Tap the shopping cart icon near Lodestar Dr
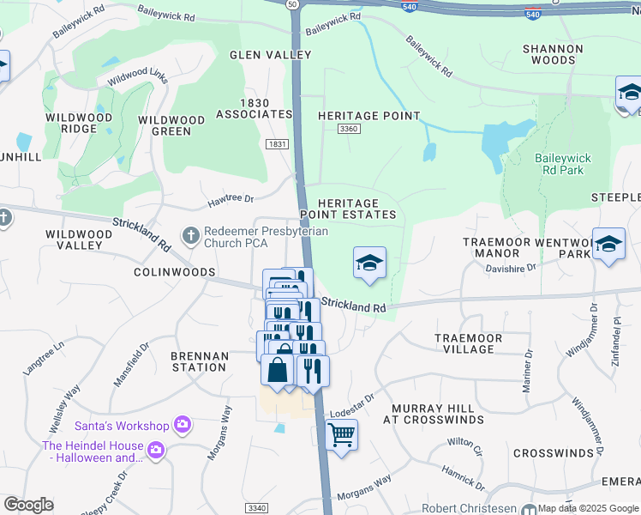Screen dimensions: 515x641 coord(341,435)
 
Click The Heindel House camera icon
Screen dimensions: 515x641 coord(155,448)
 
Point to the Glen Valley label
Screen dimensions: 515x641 coord(270,55)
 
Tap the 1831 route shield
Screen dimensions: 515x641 coord(277,145)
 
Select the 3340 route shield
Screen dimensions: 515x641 coord(256,509)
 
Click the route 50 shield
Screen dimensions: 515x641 coord(293,4)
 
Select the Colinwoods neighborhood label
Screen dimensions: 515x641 coord(174,271)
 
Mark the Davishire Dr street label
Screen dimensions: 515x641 coord(512,269)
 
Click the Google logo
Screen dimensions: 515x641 coord(28,505)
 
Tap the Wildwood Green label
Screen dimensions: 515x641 coord(171,125)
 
